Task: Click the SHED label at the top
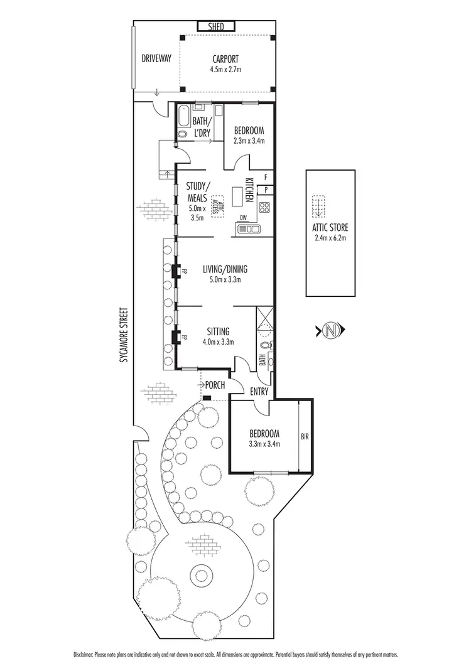(x=217, y=26)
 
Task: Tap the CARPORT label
(x=225, y=60)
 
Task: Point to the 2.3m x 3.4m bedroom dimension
(x=249, y=141)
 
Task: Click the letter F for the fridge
(x=266, y=177)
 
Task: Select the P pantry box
(x=266, y=188)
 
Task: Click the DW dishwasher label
(x=242, y=219)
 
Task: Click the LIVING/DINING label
(x=225, y=269)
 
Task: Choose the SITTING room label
(x=218, y=331)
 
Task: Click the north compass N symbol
(x=332, y=330)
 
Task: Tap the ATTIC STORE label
(x=330, y=228)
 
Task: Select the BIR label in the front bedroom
(x=305, y=435)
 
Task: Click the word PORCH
(x=215, y=385)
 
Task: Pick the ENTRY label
(x=259, y=392)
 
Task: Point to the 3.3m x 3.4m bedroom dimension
(x=264, y=444)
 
